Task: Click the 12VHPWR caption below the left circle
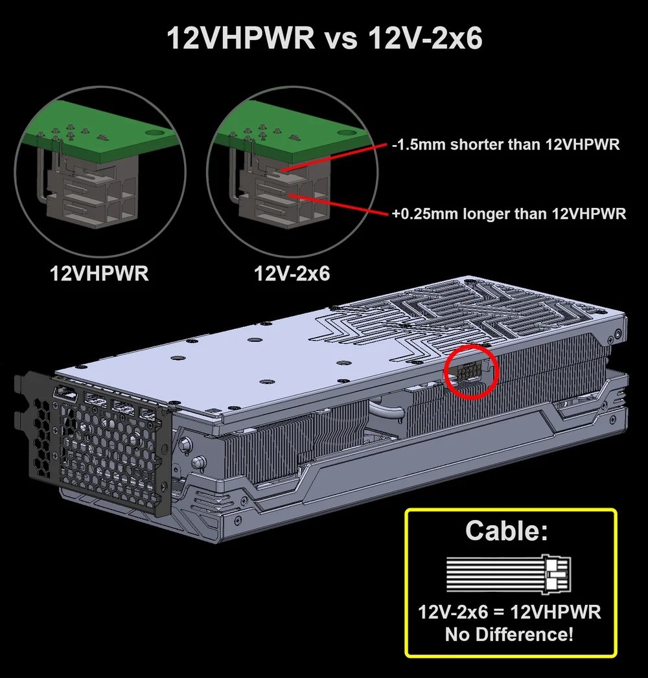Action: click(100, 273)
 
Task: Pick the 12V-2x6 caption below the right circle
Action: click(292, 273)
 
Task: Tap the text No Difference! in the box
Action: click(509, 634)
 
